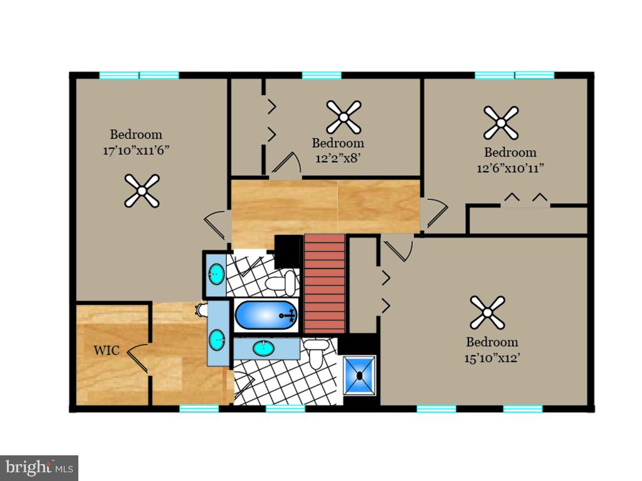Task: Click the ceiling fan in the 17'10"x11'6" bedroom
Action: click(x=142, y=190)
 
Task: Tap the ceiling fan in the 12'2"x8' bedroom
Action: click(x=344, y=117)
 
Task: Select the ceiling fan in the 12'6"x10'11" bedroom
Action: click(x=501, y=123)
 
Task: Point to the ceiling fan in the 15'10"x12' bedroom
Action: click(x=487, y=312)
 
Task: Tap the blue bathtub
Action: click(x=266, y=316)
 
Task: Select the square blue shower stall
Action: click(x=360, y=376)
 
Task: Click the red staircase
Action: click(x=325, y=284)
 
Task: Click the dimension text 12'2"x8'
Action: click(x=337, y=158)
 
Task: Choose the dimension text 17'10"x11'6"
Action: click(x=136, y=150)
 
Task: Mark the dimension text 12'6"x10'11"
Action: click(x=510, y=168)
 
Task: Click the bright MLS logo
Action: click(x=39, y=467)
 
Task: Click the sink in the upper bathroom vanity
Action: click(x=216, y=273)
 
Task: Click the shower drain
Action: click(x=360, y=376)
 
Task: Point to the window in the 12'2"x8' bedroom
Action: click(x=322, y=75)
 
